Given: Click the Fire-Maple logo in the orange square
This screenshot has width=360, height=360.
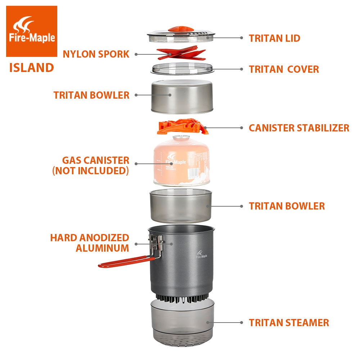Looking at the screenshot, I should point(31,31).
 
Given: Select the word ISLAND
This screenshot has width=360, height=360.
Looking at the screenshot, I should point(32,68).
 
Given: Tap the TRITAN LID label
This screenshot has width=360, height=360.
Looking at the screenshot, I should point(274,38).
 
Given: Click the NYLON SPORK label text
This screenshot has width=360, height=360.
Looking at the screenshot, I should point(96,54).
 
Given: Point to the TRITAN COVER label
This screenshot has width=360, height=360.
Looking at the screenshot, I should point(284,69).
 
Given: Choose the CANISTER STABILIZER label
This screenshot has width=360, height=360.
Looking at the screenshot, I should point(299,128).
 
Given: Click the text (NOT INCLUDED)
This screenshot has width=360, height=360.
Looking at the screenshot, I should point(90,171).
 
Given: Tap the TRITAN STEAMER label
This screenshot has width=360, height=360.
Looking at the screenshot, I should point(289,323).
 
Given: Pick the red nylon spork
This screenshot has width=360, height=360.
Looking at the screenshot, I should point(181,54).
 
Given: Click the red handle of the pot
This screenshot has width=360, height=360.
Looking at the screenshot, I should point(124,262).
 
